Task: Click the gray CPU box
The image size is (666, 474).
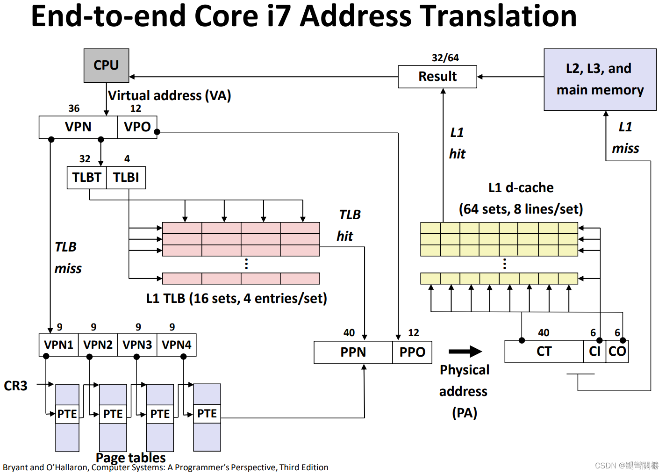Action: click(106, 65)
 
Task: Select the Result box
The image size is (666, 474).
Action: click(437, 77)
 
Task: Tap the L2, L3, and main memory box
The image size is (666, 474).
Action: click(600, 79)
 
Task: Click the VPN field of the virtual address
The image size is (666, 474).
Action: click(78, 127)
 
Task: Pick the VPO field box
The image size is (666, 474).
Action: click(137, 127)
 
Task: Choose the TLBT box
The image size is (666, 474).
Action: click(86, 178)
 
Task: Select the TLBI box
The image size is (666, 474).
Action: click(126, 178)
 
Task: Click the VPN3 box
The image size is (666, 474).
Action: click(137, 345)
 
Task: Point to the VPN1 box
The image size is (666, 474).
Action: click(58, 345)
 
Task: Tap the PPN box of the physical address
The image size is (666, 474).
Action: click(353, 352)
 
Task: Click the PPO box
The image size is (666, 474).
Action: click(412, 352)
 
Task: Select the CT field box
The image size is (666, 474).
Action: click(544, 352)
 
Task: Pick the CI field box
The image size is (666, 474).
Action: click(594, 352)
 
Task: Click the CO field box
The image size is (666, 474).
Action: click(617, 352)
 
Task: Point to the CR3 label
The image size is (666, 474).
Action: click(15, 386)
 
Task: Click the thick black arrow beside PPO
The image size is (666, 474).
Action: click(465, 352)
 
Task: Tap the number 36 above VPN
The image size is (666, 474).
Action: click(74, 108)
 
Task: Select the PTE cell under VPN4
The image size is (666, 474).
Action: click(207, 414)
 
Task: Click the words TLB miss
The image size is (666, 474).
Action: click(67, 258)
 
